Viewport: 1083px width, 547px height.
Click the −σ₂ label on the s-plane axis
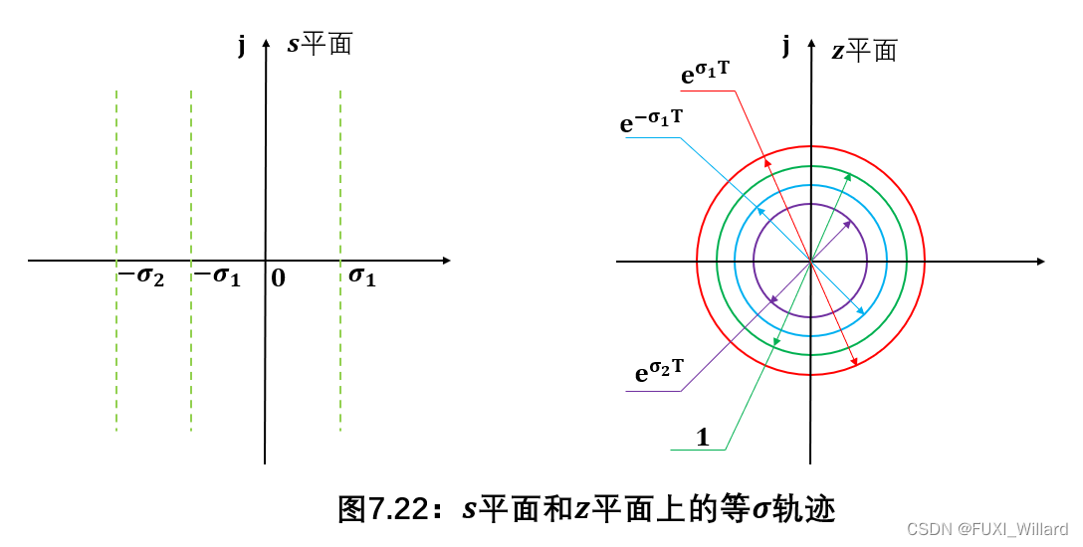pyautogui.click(x=140, y=277)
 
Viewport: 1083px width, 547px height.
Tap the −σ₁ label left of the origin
pyautogui.click(x=217, y=277)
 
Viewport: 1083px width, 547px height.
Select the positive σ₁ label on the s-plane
pyautogui.click(x=362, y=277)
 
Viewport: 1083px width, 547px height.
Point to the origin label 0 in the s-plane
pyautogui.click(x=278, y=278)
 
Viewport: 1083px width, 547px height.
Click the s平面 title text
pyautogui.click(x=320, y=44)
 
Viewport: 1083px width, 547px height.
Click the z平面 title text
pyautogui.click(x=864, y=50)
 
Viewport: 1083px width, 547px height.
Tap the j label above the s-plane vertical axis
pyautogui.click(x=242, y=46)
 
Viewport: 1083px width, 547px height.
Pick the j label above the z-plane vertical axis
pyautogui.click(x=786, y=46)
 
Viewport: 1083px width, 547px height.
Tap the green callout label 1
pyautogui.click(x=703, y=436)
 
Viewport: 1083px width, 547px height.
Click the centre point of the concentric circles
pyautogui.click(x=810, y=261)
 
